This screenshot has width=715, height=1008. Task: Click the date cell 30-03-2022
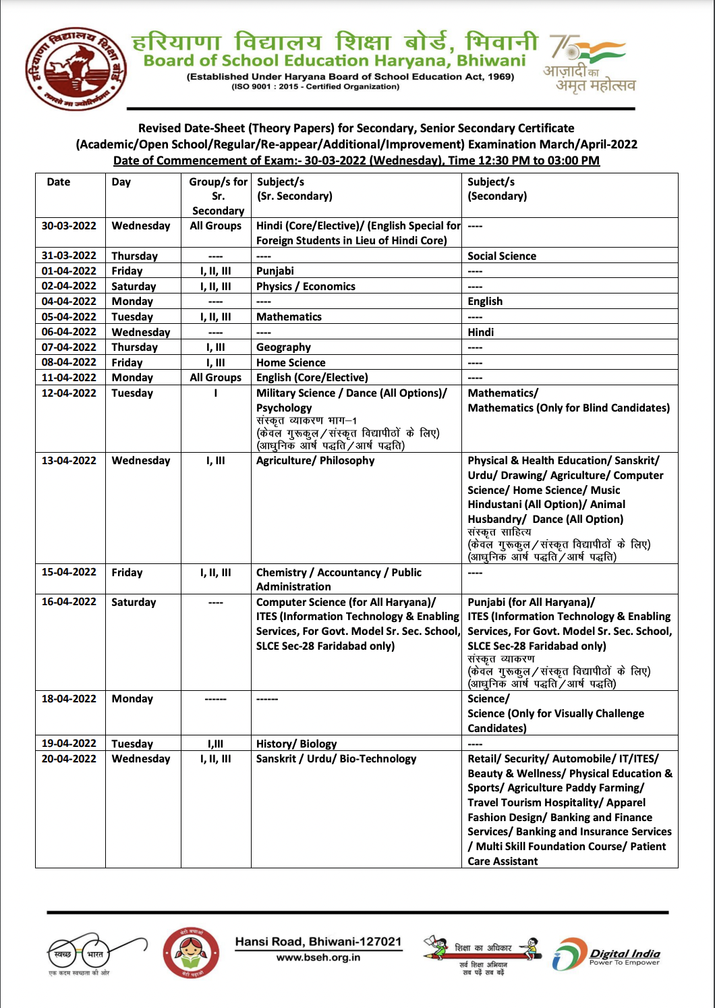point(69,226)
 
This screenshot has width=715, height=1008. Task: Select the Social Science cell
point(502,256)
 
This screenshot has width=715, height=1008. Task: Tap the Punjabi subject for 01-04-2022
point(275,271)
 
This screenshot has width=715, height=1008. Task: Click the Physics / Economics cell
point(306,287)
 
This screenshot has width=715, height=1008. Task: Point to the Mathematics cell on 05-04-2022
point(289,317)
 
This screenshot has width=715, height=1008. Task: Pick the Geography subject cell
point(283,347)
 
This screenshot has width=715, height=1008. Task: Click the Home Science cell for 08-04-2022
point(291,363)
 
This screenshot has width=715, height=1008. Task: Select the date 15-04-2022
point(69,572)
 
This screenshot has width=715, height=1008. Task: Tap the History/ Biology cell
point(296,744)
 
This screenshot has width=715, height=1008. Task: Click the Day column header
point(121,182)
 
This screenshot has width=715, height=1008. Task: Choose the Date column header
point(59,182)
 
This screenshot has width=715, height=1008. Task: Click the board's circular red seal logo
point(76,69)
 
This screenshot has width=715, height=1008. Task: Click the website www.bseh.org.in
point(318,957)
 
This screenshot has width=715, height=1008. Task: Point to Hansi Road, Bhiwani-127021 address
point(318,942)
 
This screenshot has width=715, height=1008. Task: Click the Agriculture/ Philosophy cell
point(315,461)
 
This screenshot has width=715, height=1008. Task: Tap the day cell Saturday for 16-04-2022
point(134,603)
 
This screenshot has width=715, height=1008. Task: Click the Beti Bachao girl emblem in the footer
point(191,953)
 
